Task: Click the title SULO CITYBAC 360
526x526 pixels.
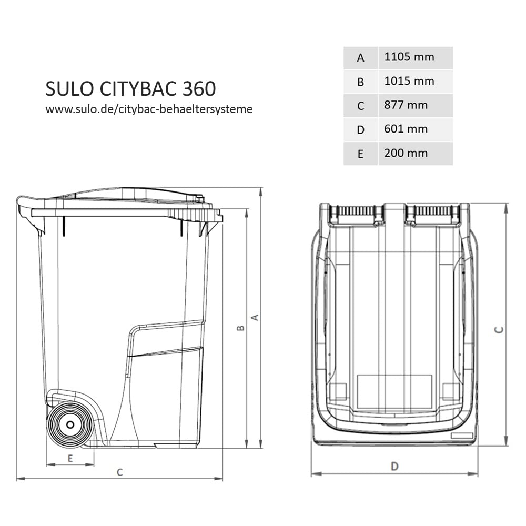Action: coord(130,89)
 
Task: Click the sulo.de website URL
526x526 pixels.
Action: coord(149,109)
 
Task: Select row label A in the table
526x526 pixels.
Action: coord(360,58)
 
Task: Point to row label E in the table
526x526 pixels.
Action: coord(360,154)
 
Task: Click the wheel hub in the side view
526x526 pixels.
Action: coord(68,424)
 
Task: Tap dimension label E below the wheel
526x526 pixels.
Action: coord(70,458)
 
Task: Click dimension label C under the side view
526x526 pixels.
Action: coord(120,472)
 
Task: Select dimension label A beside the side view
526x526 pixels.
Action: coord(255,317)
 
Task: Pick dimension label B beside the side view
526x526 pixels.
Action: coord(240,328)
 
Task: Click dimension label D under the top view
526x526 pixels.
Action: coord(394,466)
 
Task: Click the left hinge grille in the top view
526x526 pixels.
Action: coord(356,211)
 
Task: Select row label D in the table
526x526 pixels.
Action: coord(360,129)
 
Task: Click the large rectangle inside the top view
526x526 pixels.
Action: coord(394,391)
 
